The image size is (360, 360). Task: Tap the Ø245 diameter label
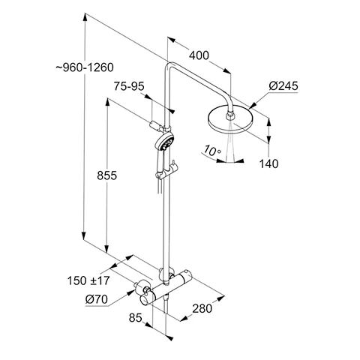pos(285,87)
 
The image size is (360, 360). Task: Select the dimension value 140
pos(270,163)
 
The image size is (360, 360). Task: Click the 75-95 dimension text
pos(130,87)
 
